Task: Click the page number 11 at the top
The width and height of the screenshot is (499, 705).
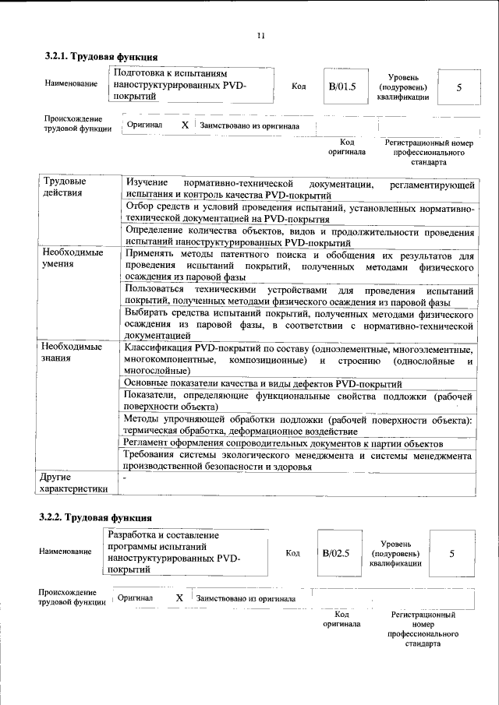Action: pos(261,35)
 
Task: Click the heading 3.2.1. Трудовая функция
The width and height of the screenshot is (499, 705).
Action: pos(101,57)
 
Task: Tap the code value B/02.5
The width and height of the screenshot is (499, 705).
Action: pos(337,553)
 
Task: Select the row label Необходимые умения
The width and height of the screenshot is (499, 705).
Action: pos(73,259)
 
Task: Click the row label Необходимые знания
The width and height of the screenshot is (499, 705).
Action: pos(73,352)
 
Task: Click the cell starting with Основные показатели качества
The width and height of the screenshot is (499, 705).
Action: pos(263,384)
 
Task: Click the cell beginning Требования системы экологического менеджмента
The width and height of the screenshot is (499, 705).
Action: pos(299,460)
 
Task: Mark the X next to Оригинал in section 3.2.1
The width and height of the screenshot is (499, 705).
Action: pos(185,125)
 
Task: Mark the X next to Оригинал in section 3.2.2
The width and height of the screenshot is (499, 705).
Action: pos(179,597)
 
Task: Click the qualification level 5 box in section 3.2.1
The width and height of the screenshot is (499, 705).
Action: pos(459,87)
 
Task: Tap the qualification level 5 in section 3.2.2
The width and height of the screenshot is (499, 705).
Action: pos(451,553)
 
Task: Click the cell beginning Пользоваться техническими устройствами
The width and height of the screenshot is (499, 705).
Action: pos(299,295)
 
